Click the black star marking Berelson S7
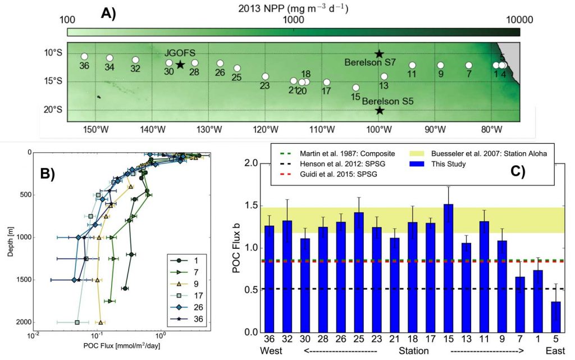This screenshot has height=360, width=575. pyautogui.click(x=379, y=54)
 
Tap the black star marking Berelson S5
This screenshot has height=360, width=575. pyautogui.click(x=379, y=111)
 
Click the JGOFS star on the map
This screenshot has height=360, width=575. pyautogui.click(x=180, y=65)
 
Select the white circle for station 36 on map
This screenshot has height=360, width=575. pyautogui.click(x=84, y=57)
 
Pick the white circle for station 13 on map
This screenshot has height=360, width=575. pyautogui.click(x=384, y=77)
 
